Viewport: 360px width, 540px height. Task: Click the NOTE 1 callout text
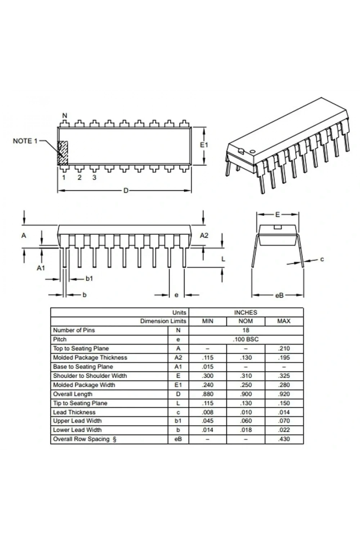[x=25, y=141]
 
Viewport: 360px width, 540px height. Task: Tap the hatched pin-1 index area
[x=63, y=153]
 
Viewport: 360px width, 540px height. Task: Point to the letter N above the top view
[x=65, y=116]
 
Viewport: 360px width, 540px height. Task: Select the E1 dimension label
[x=204, y=145]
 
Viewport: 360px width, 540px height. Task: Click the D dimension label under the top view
[x=126, y=191]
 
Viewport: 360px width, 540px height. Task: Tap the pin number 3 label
[x=94, y=177]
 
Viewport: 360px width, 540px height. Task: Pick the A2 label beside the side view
[x=204, y=235]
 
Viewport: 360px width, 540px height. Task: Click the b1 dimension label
[x=89, y=278]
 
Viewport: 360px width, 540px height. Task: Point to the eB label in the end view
[x=279, y=295]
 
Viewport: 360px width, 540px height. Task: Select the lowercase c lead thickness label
[x=322, y=260]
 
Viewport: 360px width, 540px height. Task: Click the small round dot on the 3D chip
[x=252, y=152]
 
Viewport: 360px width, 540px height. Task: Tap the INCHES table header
[x=246, y=313]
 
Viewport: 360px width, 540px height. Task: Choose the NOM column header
[x=246, y=321]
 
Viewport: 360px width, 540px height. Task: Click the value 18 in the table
[x=246, y=330]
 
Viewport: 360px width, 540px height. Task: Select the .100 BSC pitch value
[x=246, y=339]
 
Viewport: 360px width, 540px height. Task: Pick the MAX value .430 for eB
[x=284, y=439]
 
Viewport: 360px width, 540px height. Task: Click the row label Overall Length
[x=73, y=394]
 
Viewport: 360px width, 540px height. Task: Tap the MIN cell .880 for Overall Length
[x=208, y=394]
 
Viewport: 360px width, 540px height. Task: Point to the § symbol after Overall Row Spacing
[x=114, y=439]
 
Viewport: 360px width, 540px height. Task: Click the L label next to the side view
[x=223, y=259]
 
